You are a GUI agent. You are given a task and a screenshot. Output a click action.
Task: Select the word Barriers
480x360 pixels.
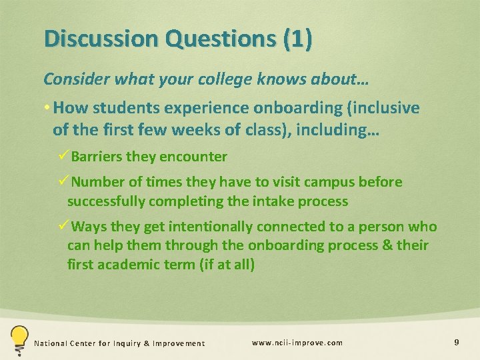coord(97,157)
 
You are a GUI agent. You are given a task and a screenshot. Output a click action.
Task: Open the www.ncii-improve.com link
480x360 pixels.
coord(297,343)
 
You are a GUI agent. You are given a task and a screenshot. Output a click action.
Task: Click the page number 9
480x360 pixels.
coord(456,343)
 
